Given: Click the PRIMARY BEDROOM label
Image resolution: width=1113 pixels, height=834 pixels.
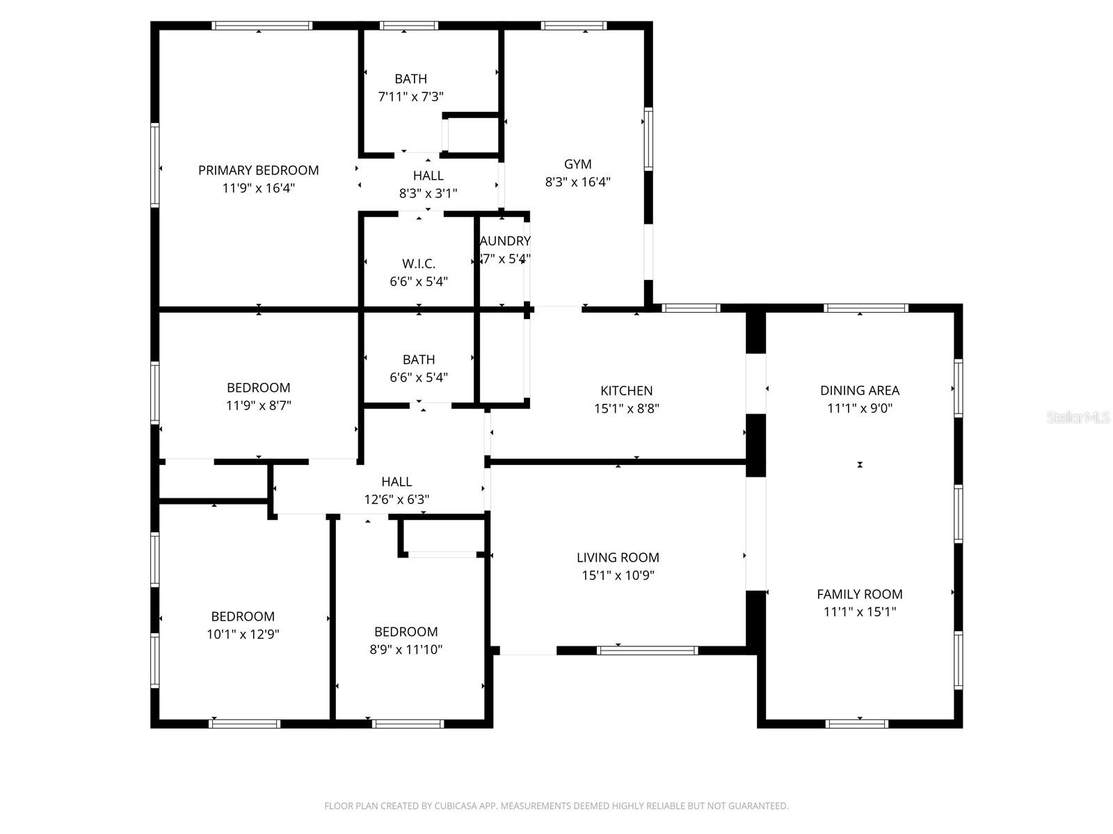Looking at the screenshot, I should [x=258, y=170].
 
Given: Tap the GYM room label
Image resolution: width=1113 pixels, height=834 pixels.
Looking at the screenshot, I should [x=577, y=164].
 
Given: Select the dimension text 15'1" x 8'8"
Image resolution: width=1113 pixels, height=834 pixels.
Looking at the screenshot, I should [x=626, y=409].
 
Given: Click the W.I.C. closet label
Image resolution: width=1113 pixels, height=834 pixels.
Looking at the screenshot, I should [x=419, y=263].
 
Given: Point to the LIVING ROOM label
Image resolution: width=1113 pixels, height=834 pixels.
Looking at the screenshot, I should [x=618, y=557].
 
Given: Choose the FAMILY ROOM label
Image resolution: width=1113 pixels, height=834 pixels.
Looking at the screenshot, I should [x=859, y=594].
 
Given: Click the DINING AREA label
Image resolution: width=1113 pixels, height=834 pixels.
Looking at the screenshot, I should [x=859, y=391].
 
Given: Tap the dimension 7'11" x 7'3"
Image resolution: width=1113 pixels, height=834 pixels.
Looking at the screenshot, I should [x=410, y=97].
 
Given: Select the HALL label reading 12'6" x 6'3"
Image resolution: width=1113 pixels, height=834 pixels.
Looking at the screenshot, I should [x=397, y=482].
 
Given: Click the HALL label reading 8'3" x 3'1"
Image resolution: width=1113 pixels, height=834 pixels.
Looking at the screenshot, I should [x=428, y=176].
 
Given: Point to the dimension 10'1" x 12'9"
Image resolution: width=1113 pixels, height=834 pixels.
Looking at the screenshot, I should [x=243, y=635].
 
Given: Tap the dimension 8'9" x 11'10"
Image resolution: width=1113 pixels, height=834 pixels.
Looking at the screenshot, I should [x=406, y=650].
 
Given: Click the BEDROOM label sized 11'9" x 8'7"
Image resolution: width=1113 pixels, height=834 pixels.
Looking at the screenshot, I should [x=258, y=388].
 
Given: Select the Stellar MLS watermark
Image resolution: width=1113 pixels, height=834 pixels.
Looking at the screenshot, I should [x=1078, y=418].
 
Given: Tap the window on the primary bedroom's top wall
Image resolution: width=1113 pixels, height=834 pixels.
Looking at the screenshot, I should [x=262, y=26].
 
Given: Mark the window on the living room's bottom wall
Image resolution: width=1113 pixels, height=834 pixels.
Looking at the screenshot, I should [x=647, y=651].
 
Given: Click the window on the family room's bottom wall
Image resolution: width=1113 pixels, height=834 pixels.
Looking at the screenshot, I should [x=856, y=723].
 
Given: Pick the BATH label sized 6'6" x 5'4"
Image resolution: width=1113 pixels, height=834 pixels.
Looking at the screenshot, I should [x=419, y=359].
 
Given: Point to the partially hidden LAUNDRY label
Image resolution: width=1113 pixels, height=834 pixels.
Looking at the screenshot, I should [x=506, y=241].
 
